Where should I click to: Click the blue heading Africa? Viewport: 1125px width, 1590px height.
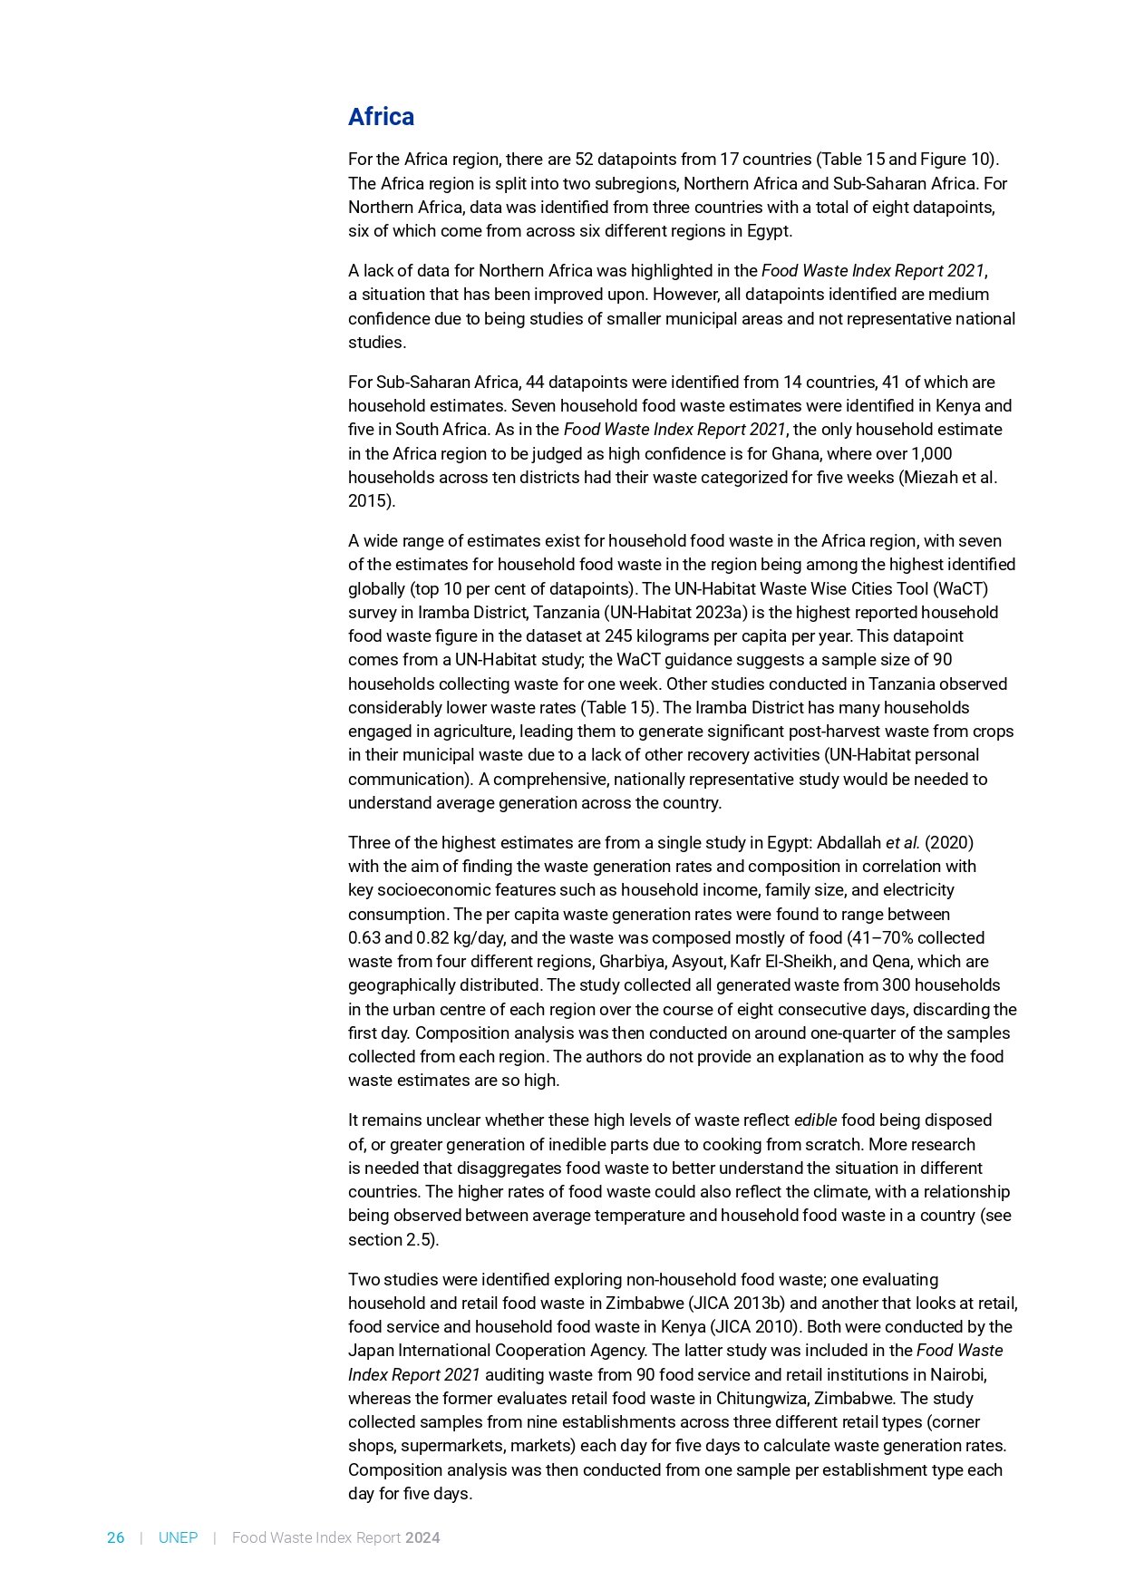[x=381, y=117]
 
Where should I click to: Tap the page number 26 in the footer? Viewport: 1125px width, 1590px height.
[x=116, y=1537]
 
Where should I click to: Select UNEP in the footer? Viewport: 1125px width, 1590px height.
[x=178, y=1537]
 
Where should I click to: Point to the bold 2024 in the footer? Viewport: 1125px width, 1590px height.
[x=422, y=1537]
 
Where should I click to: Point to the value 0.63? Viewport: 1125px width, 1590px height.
[x=364, y=938]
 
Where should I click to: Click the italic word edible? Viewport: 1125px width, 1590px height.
[x=815, y=1120]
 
